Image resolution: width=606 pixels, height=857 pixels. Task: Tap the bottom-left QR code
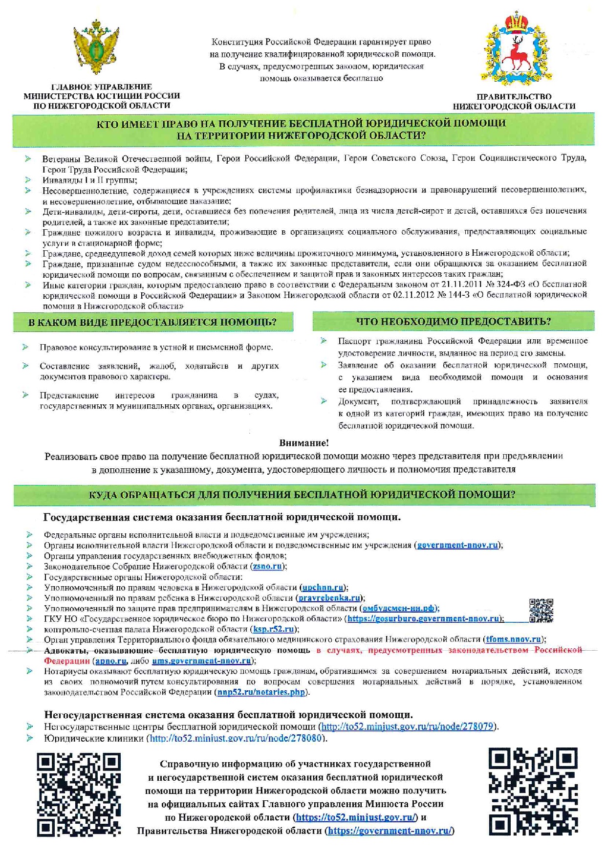tap(79, 795)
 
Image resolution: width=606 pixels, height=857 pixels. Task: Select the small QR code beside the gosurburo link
tap(541, 610)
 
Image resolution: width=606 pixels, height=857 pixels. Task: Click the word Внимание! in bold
tap(303, 443)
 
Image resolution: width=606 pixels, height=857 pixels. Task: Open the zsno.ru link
tap(268, 566)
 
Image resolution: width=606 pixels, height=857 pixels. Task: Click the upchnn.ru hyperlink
tap(323, 587)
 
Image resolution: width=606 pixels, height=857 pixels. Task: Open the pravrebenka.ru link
tap(329, 597)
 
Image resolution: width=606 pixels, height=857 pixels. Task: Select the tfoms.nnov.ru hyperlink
tap(514, 639)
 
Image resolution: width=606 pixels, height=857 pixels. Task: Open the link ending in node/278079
tap(408, 726)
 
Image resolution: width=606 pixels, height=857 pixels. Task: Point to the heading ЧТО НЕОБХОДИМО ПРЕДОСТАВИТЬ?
tap(454, 321)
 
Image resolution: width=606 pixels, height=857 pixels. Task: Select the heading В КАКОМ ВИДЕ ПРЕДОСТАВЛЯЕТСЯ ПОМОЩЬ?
tap(152, 322)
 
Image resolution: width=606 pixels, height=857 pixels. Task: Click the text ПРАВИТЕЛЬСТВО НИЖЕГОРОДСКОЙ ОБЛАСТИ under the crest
tap(514, 101)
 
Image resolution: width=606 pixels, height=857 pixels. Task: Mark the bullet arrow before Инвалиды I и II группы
tap(28, 180)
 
